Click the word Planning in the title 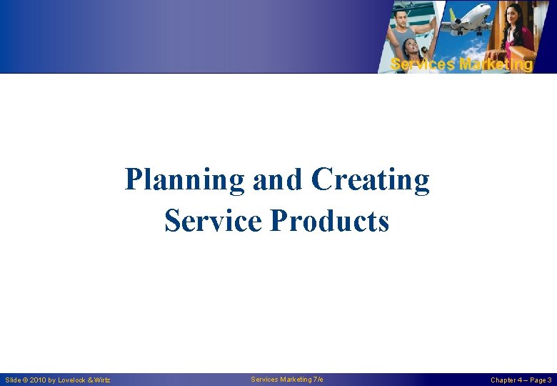coord(185,180)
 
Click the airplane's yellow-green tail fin coord(452,12)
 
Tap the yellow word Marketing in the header coord(496,65)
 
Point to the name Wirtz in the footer coord(101,380)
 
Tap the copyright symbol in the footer coord(26,380)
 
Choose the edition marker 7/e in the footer coord(317,379)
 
